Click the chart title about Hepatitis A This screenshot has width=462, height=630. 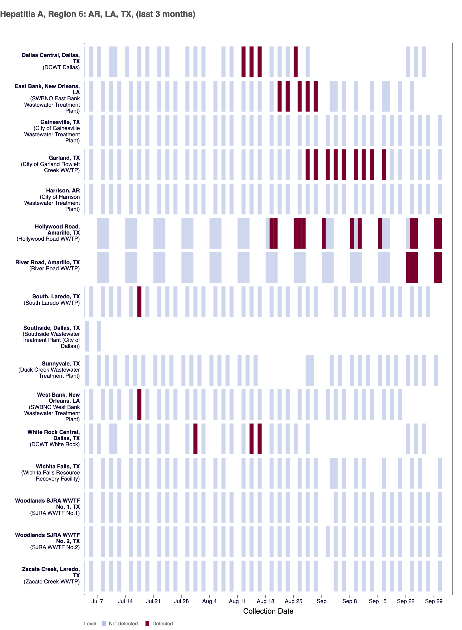pyautogui.click(x=98, y=14)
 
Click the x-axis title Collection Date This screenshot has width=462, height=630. pyautogui.click(x=268, y=611)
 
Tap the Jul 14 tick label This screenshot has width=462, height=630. pyautogui.click(x=125, y=601)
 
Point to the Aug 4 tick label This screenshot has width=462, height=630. pyautogui.click(x=209, y=601)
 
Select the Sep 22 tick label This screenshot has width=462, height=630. pyautogui.click(x=405, y=601)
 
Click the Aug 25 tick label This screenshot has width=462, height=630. pyautogui.click(x=293, y=601)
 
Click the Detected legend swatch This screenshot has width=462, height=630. pyautogui.click(x=147, y=623)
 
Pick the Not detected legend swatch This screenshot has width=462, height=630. pyautogui.click(x=104, y=623)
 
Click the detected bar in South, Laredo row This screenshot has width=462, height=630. pyautogui.click(x=139, y=302)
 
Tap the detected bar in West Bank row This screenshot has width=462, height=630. pyautogui.click(x=139, y=404)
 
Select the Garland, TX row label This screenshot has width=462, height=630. pyautogui.click(x=64, y=158)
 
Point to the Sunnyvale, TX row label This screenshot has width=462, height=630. pyautogui.click(x=61, y=363)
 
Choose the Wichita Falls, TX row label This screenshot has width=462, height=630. pyautogui.click(x=58, y=466)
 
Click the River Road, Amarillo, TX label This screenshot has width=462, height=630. pyautogui.click(x=48, y=262)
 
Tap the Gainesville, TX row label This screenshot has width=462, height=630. pyautogui.click(x=60, y=122)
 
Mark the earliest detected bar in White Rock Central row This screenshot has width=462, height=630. pyautogui.click(x=195, y=439)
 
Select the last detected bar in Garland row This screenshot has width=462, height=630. pyautogui.click(x=384, y=164)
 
